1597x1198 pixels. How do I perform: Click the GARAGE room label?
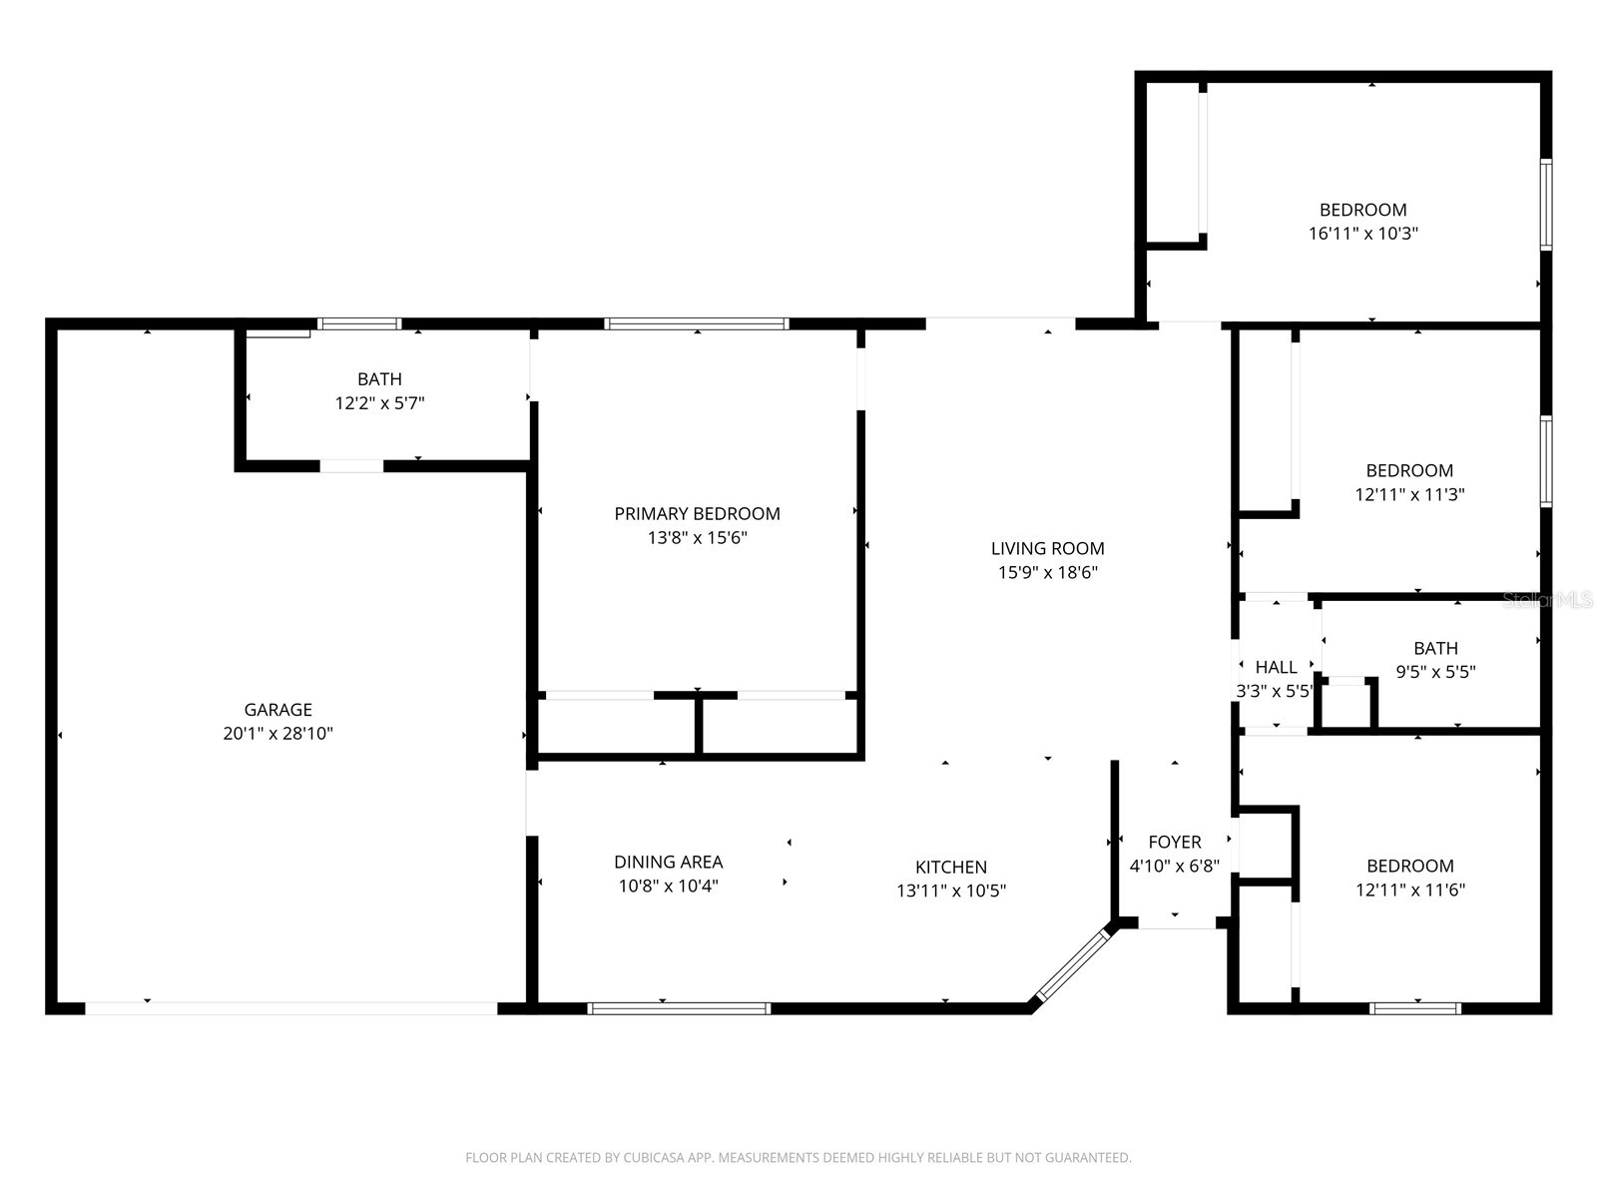point(277,710)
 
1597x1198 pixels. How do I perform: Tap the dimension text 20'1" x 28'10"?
point(277,734)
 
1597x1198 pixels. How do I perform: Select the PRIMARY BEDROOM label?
point(697,514)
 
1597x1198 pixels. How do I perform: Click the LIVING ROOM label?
point(1047,548)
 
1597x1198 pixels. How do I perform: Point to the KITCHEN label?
point(950,868)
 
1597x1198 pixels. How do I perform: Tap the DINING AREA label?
point(668,862)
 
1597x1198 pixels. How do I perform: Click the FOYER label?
point(1174,842)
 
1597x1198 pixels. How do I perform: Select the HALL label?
point(1276,667)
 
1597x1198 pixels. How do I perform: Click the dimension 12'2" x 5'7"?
point(379,403)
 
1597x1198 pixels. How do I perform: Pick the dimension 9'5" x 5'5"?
point(1434,672)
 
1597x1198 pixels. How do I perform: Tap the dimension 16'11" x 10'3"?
point(1362,234)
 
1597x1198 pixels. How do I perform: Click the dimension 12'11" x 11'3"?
point(1409,494)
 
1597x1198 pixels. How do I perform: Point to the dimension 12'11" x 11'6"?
point(1409,890)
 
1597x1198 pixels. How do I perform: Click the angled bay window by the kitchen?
point(1074,963)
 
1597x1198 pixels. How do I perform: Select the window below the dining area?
point(679,1008)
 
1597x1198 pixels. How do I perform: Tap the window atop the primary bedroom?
point(696,323)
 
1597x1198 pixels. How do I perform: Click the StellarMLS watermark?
point(1546,600)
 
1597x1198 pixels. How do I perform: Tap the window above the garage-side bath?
point(359,323)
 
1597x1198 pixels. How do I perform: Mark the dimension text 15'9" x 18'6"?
point(1047,573)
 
